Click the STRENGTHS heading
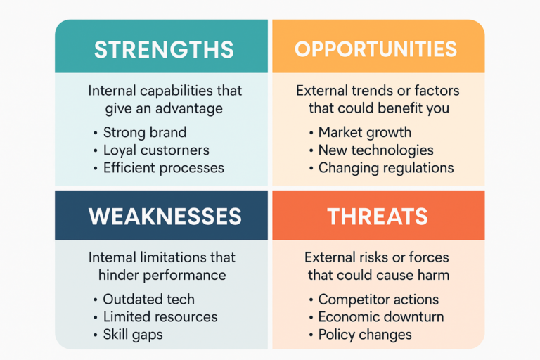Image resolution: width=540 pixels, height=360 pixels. [x=164, y=49]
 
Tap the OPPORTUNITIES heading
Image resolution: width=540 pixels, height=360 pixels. [x=375, y=49]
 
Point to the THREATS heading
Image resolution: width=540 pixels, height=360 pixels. [x=378, y=217]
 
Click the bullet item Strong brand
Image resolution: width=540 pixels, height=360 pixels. [x=144, y=132]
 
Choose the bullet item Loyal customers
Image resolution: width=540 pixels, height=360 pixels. [x=155, y=150]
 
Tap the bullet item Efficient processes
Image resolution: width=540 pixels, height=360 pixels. [x=163, y=167]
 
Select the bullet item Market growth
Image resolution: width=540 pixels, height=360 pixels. [x=364, y=132]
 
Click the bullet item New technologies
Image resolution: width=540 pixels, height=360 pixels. [x=375, y=150]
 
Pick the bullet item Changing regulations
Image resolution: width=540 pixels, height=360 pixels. [x=385, y=167]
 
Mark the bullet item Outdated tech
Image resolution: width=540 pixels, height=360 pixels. [x=148, y=299]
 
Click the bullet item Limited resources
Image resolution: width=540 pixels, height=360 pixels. [x=160, y=316]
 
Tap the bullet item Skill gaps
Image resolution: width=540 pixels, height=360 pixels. [x=132, y=334]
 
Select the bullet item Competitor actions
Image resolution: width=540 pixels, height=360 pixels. [x=378, y=299]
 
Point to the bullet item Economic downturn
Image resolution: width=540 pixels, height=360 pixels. [x=380, y=316]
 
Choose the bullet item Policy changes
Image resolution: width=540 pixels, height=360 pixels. [x=364, y=334]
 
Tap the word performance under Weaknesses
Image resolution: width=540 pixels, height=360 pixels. [x=192, y=275]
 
